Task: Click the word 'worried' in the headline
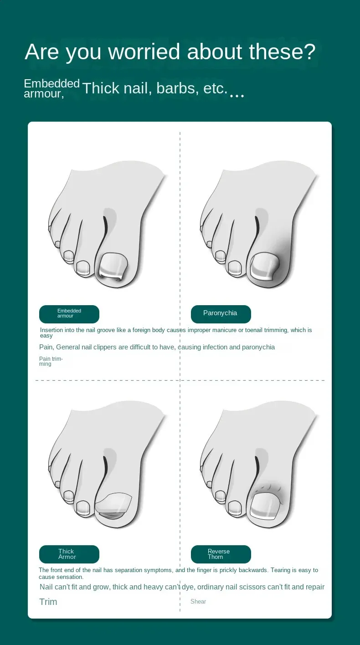coord(144,51)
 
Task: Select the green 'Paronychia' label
coord(221,314)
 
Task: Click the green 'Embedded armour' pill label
coord(69,314)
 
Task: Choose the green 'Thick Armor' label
coord(69,554)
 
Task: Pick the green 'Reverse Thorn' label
coord(221,554)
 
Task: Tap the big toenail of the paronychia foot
coord(264,266)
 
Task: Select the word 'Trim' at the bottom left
coord(48,602)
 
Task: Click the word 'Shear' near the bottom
coord(198,601)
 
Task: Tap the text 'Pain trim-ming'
coord(51,361)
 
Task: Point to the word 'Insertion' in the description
coord(51,330)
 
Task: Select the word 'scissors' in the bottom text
coord(255,587)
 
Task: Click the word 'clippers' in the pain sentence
coord(105,347)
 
